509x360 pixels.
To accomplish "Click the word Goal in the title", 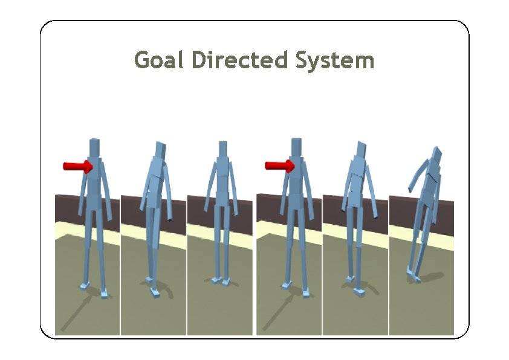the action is click(158, 60).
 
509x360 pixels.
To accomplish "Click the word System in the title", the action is click(335, 60).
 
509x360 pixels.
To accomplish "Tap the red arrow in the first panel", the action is click(77, 166).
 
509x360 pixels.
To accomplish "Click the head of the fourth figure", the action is click(296, 148).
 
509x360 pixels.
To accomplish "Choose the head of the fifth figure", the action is click(361, 150).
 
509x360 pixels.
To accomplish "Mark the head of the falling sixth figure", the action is click(435, 156).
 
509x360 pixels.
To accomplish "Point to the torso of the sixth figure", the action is click(430, 187).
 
